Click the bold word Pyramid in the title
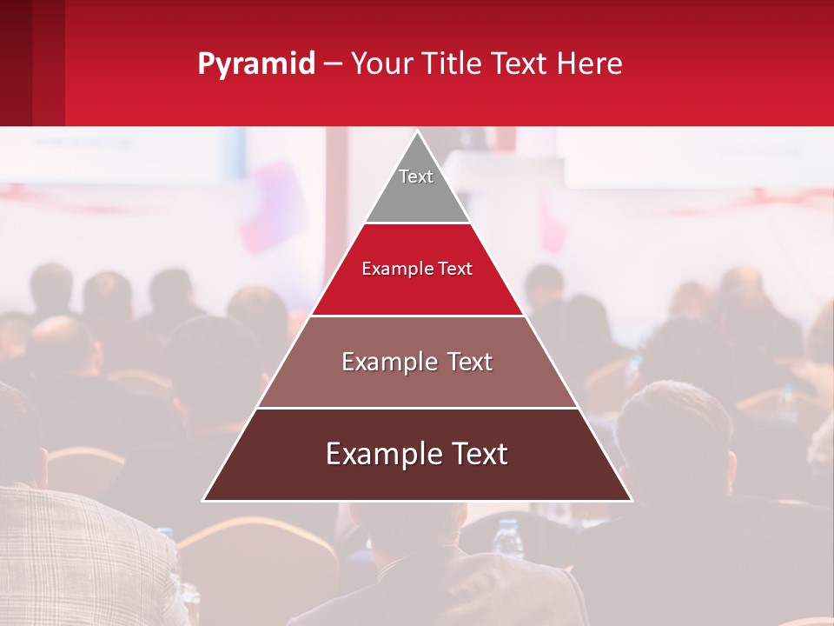click(x=255, y=64)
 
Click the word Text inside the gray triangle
click(x=416, y=176)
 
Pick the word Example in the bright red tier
click(x=389, y=270)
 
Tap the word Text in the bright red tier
click(x=455, y=270)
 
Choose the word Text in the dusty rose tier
click(x=469, y=362)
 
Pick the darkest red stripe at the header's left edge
click(x=16, y=63)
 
